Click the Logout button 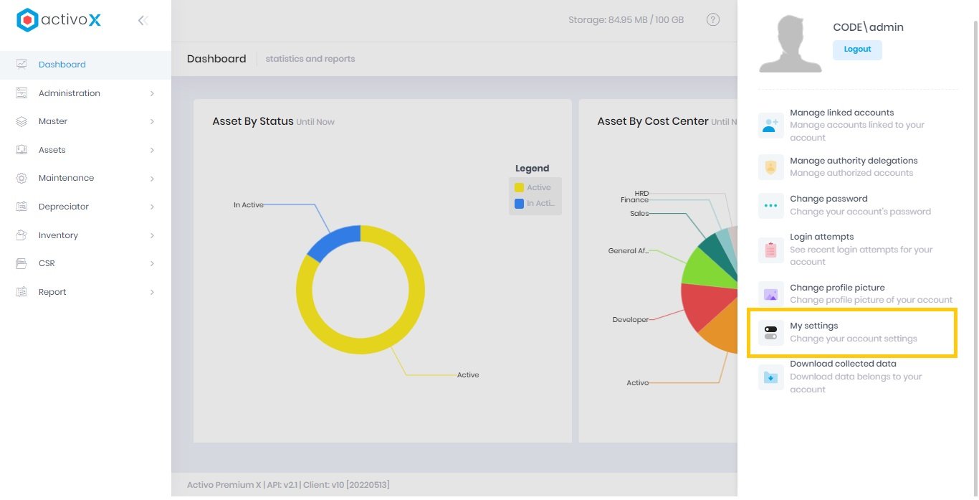click(857, 49)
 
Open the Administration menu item click(70, 93)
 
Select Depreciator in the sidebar click(64, 207)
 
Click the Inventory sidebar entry click(58, 235)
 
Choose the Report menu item click(52, 292)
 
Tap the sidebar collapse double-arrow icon click(143, 21)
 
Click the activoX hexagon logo click(27, 20)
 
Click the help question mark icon click(712, 20)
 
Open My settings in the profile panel click(813, 326)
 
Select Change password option click(828, 199)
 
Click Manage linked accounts click(841, 113)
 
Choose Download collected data click(843, 364)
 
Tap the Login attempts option click(821, 237)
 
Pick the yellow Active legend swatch click(519, 187)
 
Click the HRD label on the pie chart click(641, 194)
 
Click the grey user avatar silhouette click(790, 44)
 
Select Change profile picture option click(837, 288)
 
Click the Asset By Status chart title click(252, 121)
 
